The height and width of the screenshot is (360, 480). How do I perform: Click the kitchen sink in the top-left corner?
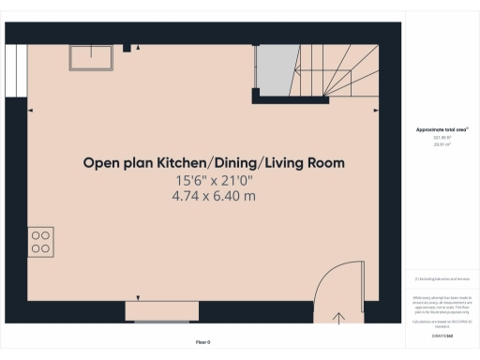(x=91, y=58)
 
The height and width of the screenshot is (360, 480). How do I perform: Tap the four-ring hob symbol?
(x=40, y=242)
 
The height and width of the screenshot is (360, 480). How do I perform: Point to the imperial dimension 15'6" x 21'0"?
(x=214, y=180)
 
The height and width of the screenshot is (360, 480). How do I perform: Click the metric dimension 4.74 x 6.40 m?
(x=214, y=196)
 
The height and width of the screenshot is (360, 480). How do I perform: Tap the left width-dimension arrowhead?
(x=32, y=111)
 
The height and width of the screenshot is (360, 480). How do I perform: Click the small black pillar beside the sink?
(x=126, y=47)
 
